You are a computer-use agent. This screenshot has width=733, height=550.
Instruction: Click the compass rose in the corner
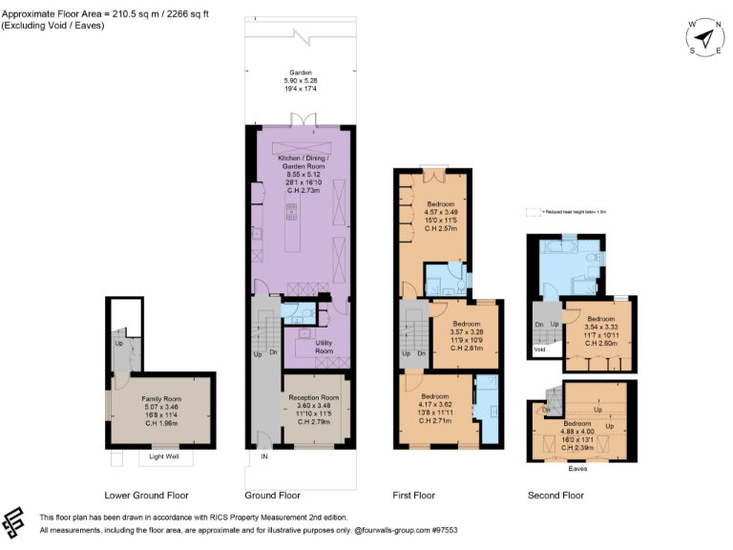[704, 38]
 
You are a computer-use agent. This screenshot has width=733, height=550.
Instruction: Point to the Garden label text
[301, 72]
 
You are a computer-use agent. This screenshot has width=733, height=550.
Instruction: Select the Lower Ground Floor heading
[146, 496]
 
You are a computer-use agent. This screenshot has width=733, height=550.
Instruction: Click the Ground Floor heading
[272, 496]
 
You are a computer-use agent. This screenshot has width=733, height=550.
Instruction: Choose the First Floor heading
[413, 496]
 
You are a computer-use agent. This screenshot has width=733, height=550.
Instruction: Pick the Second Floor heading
[555, 496]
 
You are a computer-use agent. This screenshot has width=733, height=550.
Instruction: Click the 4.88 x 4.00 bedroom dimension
[577, 432]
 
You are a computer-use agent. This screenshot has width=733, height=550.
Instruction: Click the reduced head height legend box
[532, 213]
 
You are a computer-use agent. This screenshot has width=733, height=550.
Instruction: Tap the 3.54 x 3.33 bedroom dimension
[600, 328]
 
